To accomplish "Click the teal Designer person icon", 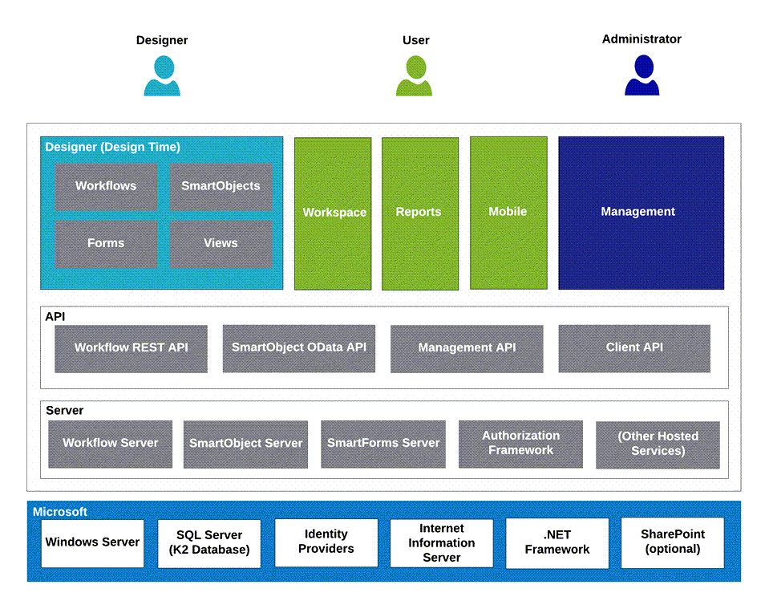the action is pyautogui.click(x=162, y=75).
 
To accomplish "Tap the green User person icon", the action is pyautogui.click(x=414, y=75).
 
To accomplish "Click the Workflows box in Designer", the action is pyautogui.click(x=106, y=186).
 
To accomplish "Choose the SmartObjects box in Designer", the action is pyautogui.click(x=221, y=186).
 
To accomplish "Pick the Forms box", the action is pyautogui.click(x=106, y=244).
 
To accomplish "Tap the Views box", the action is pyautogui.click(x=221, y=244).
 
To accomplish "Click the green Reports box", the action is pyautogui.click(x=420, y=213).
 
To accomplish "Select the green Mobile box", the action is pyautogui.click(x=508, y=213).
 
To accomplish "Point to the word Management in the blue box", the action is pyautogui.click(x=638, y=212).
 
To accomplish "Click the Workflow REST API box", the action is pyautogui.click(x=131, y=349).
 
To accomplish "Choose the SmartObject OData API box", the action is pyautogui.click(x=298, y=348).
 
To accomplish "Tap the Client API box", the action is pyautogui.click(x=634, y=348).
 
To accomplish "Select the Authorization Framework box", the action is pyautogui.click(x=521, y=445).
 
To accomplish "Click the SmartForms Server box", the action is pyautogui.click(x=383, y=445).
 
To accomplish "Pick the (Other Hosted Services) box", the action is pyautogui.click(x=658, y=445).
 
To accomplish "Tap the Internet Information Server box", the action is pyautogui.click(x=441, y=543).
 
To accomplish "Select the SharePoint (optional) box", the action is pyautogui.click(x=673, y=542).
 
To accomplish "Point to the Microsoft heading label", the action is pyautogui.click(x=60, y=512).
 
